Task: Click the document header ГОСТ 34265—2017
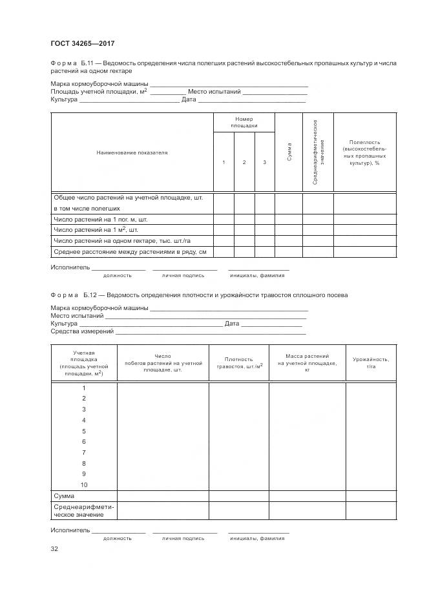click(83, 43)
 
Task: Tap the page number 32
click(54, 549)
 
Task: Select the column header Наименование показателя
click(132, 152)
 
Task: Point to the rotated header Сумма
click(288, 152)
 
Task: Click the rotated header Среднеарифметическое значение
click(317, 152)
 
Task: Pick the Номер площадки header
click(244, 123)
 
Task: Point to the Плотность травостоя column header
click(238, 362)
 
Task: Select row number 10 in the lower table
click(84, 484)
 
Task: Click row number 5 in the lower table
click(84, 431)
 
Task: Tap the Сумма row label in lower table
click(64, 495)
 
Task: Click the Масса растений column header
click(307, 363)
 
